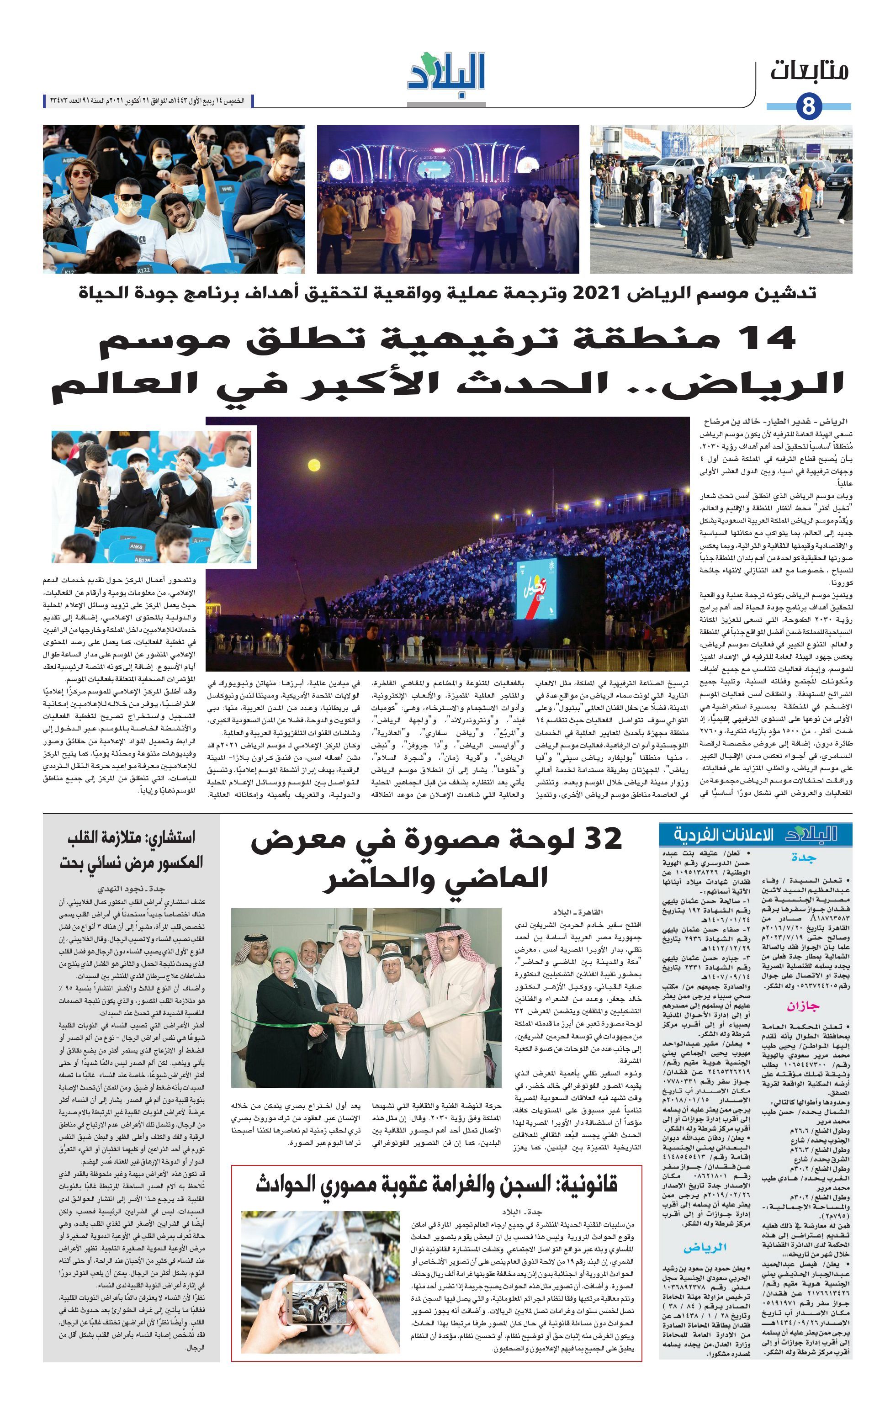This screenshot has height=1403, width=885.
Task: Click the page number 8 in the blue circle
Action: point(808,106)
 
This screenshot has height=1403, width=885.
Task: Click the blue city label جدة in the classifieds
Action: point(803,857)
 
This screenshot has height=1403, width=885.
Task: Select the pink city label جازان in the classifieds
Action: point(803,1006)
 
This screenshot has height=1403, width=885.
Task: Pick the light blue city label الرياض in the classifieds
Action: point(705,1247)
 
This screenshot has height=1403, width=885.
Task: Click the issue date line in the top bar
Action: point(143,101)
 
